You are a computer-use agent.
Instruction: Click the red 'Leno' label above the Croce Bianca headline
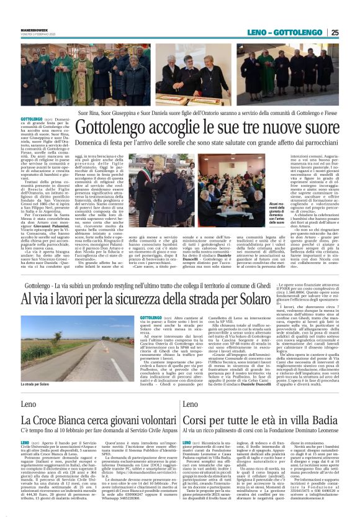click(28, 405)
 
